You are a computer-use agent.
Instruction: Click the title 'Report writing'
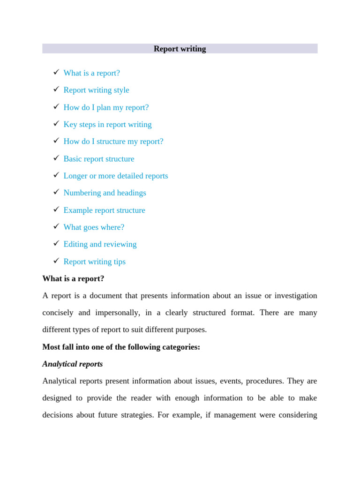(x=180, y=49)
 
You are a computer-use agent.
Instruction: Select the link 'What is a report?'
(x=91, y=73)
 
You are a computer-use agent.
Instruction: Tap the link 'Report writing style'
(x=96, y=90)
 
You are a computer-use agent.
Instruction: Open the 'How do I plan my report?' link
(x=106, y=107)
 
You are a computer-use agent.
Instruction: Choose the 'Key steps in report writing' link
(x=107, y=124)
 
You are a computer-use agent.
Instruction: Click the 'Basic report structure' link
(x=98, y=159)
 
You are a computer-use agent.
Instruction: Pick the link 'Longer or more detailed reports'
(x=115, y=176)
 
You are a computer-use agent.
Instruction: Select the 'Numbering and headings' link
(x=105, y=193)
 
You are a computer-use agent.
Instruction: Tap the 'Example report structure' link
(x=104, y=210)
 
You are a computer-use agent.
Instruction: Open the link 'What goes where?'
(x=94, y=227)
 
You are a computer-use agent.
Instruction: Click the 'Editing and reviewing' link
(x=100, y=244)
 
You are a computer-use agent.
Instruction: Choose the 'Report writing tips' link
(x=94, y=262)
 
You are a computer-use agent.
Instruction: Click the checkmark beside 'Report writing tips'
(x=56, y=261)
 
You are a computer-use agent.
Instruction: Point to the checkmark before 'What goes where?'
(x=56, y=226)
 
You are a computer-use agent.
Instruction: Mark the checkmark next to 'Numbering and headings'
(x=56, y=192)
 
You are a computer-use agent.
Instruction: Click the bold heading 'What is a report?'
(x=73, y=278)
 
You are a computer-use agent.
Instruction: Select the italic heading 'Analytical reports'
(x=72, y=364)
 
